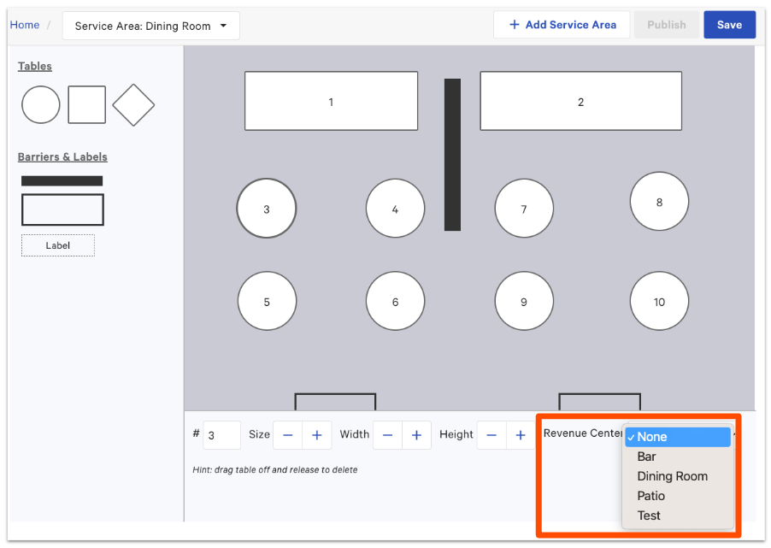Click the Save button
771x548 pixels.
(x=729, y=25)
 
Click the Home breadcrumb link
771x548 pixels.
(x=25, y=25)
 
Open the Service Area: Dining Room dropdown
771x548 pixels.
(x=151, y=26)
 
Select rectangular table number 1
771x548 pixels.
(x=331, y=101)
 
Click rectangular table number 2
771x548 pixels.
(x=580, y=101)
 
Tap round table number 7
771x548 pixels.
(x=524, y=209)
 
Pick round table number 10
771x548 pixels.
(x=659, y=301)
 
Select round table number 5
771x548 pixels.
(x=267, y=301)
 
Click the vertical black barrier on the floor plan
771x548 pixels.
(x=452, y=155)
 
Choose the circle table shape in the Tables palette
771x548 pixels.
(x=41, y=105)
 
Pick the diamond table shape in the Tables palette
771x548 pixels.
(x=133, y=105)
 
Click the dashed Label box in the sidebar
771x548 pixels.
(x=58, y=245)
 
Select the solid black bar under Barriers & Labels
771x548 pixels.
(x=62, y=181)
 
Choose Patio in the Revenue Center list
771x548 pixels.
(x=651, y=496)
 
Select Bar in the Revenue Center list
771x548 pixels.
(x=646, y=457)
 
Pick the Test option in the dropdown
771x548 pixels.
(x=649, y=516)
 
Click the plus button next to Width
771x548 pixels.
(x=416, y=435)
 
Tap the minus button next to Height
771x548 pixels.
(x=491, y=435)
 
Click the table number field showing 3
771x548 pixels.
(x=221, y=435)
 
